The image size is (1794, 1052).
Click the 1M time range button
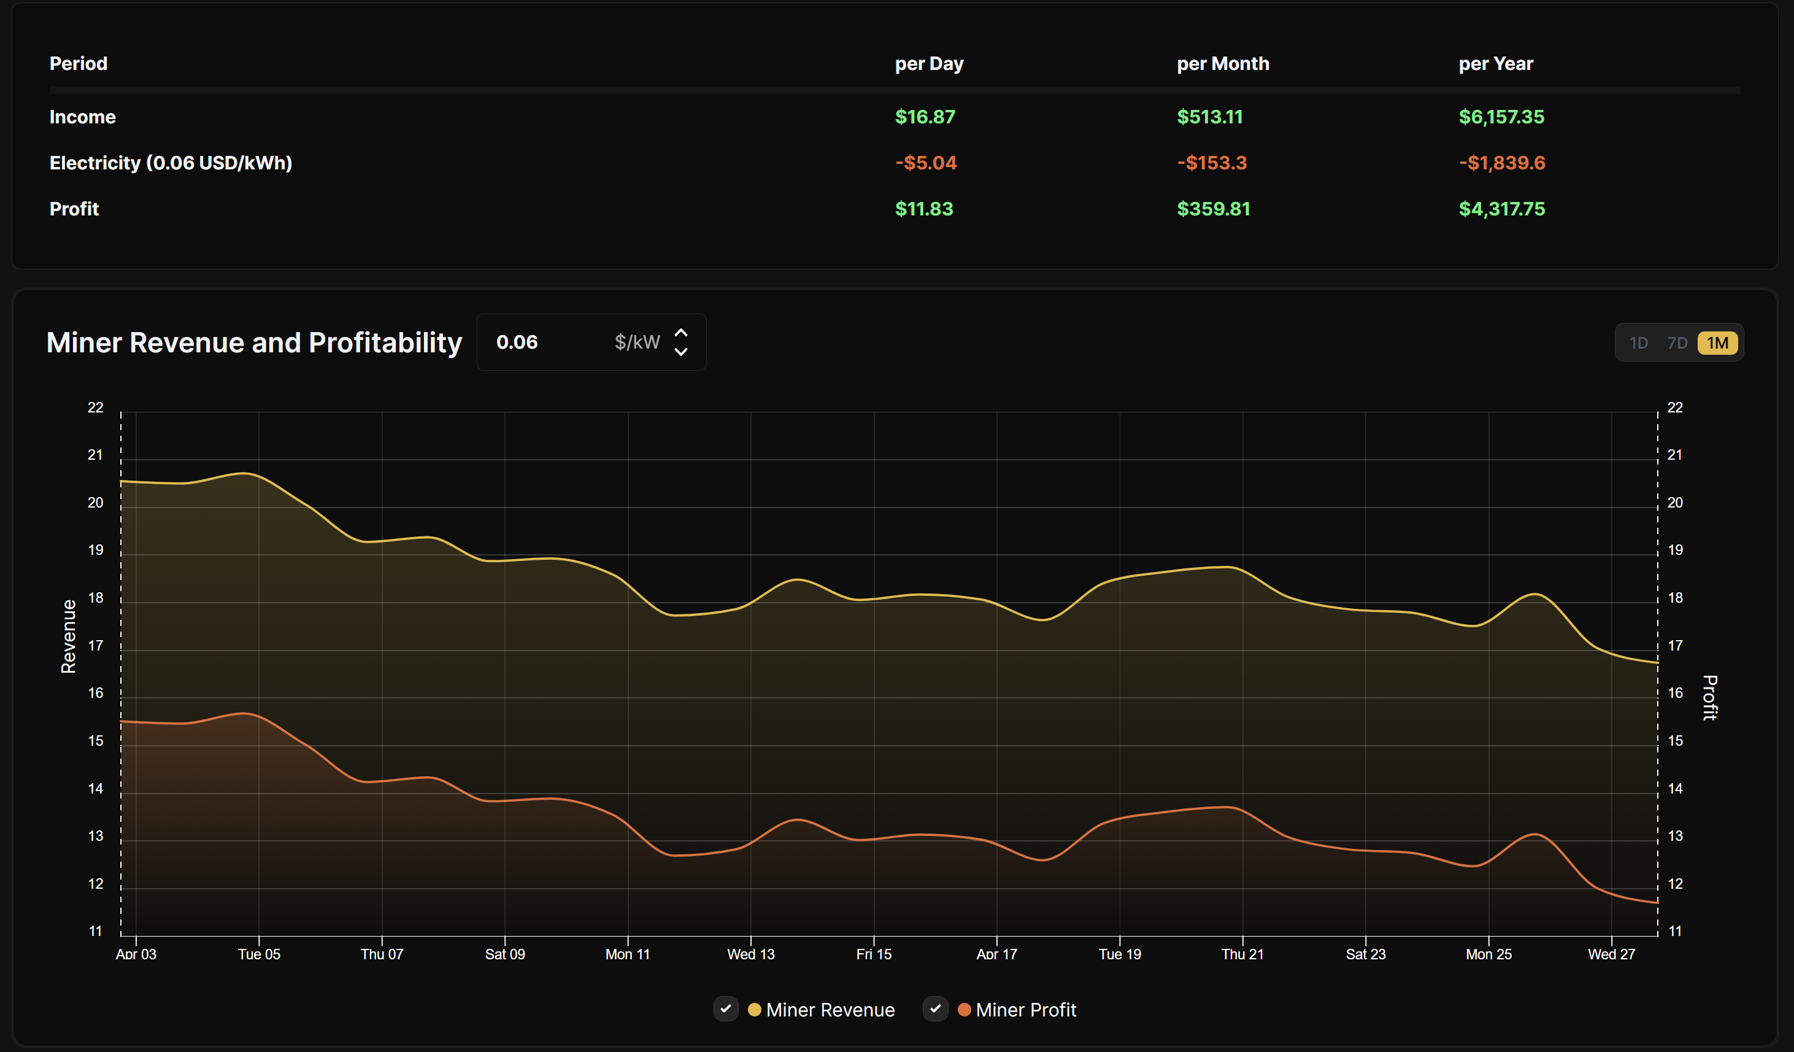point(1717,343)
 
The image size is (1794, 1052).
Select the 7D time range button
point(1677,343)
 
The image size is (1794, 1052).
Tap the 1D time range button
point(1638,343)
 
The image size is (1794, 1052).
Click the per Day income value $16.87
point(925,117)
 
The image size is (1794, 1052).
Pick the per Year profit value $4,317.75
point(1501,209)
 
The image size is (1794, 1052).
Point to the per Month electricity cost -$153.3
point(1211,163)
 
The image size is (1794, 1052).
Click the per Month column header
point(1222,64)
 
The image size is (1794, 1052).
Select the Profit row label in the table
point(74,209)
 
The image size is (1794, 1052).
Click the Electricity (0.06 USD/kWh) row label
point(171,163)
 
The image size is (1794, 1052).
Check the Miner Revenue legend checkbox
point(725,1008)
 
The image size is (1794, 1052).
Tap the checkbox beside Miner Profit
point(934,1008)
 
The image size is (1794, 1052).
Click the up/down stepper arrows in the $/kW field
point(680,342)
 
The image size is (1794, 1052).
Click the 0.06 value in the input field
point(517,342)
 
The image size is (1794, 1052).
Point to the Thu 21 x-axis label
point(1242,954)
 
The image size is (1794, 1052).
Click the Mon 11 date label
point(627,954)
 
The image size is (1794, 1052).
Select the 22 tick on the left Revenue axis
point(95,408)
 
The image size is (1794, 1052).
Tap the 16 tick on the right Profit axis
point(1675,693)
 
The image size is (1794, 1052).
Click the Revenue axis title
point(68,636)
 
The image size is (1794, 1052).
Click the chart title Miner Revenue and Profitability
point(254,342)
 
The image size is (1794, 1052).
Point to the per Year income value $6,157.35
point(1501,117)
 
